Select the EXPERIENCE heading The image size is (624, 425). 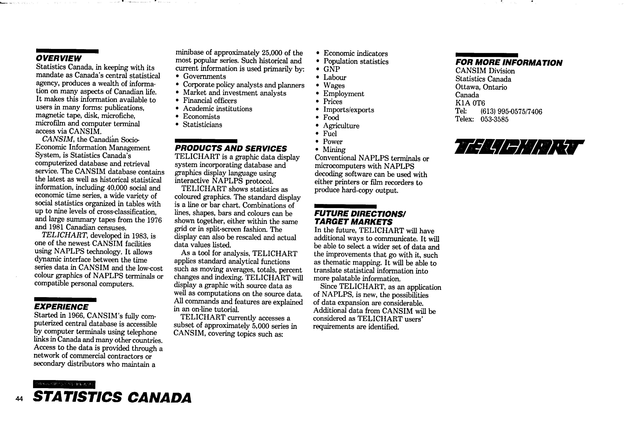(x=61, y=307)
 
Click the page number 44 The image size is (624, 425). (x=19, y=399)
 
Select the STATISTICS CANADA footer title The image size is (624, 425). (x=112, y=397)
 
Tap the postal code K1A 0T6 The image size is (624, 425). (x=470, y=103)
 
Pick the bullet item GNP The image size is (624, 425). (x=332, y=69)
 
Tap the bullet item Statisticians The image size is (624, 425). (x=202, y=125)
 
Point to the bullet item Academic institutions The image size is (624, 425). (x=218, y=109)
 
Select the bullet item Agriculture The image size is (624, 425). (x=341, y=126)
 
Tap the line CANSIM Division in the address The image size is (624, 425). (x=485, y=71)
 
